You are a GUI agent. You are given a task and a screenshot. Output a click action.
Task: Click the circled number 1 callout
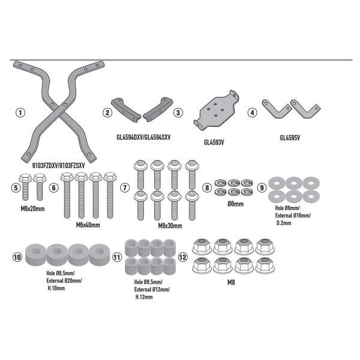tap(20, 113)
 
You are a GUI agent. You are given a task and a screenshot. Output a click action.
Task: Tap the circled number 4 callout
tap(253, 113)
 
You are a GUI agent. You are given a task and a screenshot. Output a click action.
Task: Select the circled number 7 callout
tap(125, 188)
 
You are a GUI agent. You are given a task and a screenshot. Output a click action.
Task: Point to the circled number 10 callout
tap(17, 257)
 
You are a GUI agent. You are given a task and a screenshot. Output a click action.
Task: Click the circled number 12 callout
tap(183, 257)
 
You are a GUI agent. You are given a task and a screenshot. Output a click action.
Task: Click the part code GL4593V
tap(214, 142)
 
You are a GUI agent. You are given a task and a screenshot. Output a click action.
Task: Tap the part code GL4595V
tap(290, 138)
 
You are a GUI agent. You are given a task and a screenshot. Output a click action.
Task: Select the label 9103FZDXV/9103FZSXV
tap(58, 166)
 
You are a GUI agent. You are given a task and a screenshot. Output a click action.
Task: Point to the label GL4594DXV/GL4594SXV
tap(143, 137)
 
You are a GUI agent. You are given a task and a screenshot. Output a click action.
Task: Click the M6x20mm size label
tap(32, 209)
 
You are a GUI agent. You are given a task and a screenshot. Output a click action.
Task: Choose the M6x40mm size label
tap(88, 225)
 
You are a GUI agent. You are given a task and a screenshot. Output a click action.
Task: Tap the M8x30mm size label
tap(170, 226)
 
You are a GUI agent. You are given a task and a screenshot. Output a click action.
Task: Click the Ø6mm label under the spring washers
tap(236, 203)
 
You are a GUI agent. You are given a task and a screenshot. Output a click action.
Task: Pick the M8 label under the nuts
tap(231, 283)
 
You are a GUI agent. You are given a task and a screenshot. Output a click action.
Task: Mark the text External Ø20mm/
tap(64, 281)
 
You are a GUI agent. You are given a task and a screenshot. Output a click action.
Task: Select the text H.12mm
tap(144, 297)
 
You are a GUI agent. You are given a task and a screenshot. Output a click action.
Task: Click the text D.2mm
tap(284, 223)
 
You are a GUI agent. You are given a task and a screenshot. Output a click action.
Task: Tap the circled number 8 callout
tap(207, 188)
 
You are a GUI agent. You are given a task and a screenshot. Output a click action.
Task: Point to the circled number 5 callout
tap(16, 188)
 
